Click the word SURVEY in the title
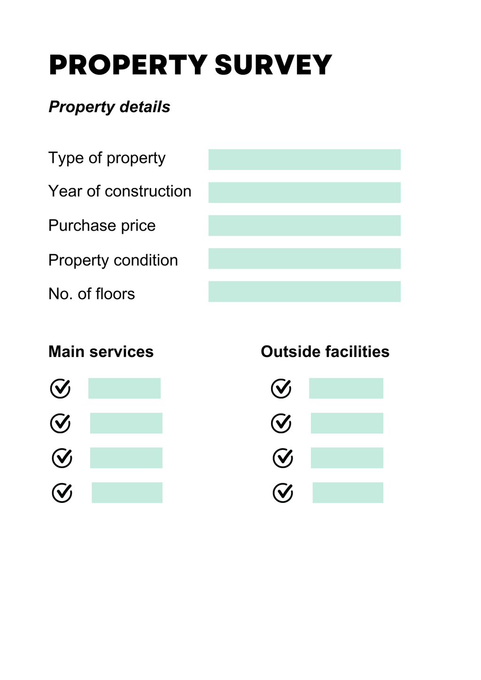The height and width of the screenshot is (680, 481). tap(273, 65)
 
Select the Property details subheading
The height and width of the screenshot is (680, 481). tap(109, 107)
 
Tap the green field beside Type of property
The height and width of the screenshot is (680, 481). tap(304, 160)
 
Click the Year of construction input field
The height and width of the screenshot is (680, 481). tap(304, 193)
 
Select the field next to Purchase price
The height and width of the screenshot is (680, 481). tap(304, 225)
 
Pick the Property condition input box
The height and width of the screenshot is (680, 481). tap(304, 258)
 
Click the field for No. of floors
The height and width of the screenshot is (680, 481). tap(304, 292)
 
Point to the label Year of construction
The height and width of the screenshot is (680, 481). tap(120, 192)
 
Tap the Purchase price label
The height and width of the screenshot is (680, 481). tap(102, 226)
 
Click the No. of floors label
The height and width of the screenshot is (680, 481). tap(92, 294)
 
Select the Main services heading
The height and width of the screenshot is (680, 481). tap(101, 352)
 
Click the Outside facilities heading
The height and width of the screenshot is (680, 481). tap(325, 352)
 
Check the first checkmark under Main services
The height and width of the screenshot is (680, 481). tap(60, 388)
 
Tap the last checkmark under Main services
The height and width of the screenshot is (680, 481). tap(62, 493)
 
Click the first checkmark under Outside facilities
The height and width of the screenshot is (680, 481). tap(281, 388)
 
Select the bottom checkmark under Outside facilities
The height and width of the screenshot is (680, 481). tap(283, 493)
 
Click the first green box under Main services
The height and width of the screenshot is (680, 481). tap(124, 388)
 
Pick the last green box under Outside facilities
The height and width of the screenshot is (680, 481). tap(348, 493)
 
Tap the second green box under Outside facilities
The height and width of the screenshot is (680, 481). tap(347, 423)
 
